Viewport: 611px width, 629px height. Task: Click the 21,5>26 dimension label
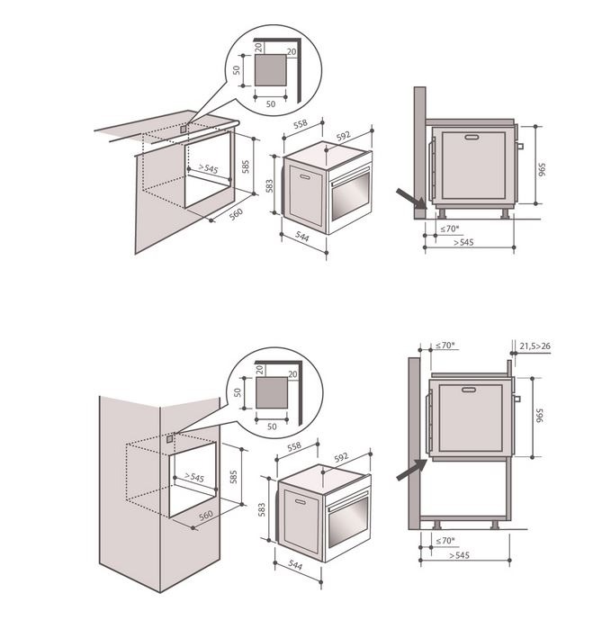[x=535, y=346]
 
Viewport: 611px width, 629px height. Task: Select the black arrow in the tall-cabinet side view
[x=411, y=470]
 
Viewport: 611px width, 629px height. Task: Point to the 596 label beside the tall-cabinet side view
[x=539, y=416]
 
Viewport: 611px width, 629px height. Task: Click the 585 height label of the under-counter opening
[x=245, y=166]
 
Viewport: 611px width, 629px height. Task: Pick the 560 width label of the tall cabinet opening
[x=206, y=515]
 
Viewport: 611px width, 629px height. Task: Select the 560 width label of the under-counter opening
[x=237, y=214]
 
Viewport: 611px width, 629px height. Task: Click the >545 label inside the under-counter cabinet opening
[x=208, y=168]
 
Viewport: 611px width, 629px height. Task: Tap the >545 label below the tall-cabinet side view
[x=459, y=555]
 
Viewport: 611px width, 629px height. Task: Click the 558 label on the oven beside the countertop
[x=300, y=124]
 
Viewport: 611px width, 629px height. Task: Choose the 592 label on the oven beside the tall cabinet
[x=341, y=457]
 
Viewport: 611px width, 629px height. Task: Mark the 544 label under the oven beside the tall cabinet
[x=295, y=565]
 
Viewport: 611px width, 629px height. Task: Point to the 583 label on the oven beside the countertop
[x=270, y=185]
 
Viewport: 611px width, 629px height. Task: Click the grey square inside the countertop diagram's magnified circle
[x=271, y=70]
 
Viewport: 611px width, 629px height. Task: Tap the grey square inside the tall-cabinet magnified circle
[x=272, y=392]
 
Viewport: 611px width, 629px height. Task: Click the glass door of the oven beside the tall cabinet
[x=348, y=522]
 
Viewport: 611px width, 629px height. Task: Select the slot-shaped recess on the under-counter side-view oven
[x=472, y=137]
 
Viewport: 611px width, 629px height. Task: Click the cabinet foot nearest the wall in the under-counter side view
[x=442, y=213]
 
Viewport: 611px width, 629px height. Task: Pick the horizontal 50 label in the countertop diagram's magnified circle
[x=271, y=103]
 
